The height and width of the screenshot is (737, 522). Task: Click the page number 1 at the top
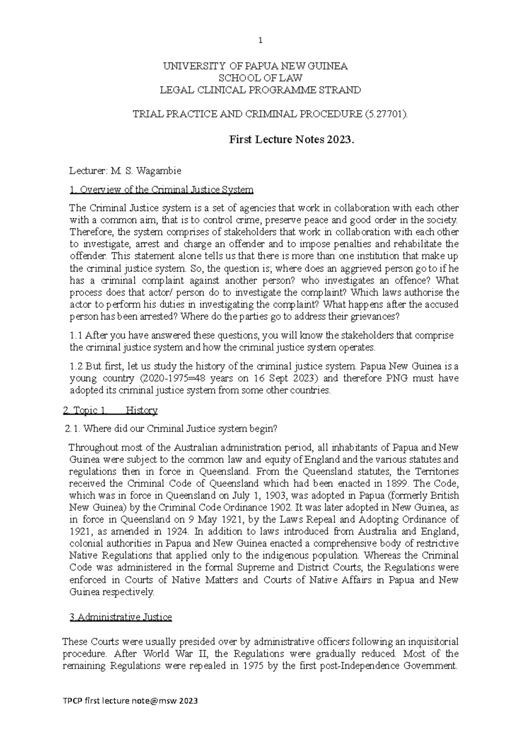(x=261, y=41)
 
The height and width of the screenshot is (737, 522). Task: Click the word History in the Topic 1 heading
(x=141, y=410)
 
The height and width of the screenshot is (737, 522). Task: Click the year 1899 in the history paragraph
(x=397, y=483)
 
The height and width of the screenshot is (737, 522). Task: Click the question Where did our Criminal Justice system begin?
(x=180, y=429)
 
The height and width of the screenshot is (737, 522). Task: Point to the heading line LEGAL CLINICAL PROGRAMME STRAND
(x=261, y=90)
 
